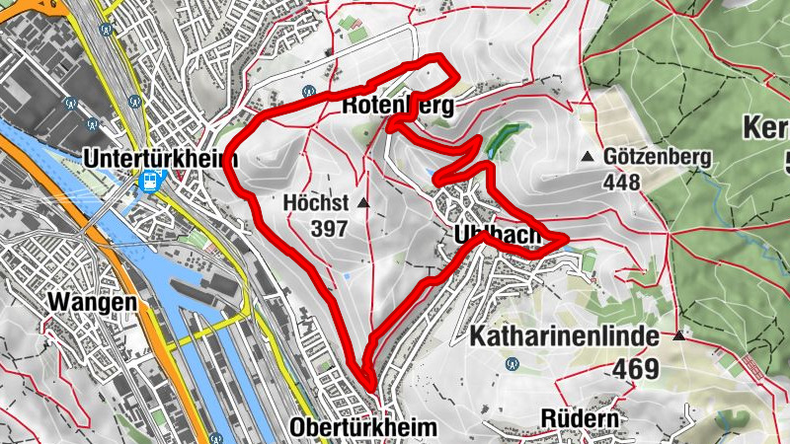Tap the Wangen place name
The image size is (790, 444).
click(x=90, y=302)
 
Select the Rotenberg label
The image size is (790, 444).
click(x=398, y=106)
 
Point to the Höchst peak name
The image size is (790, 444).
click(x=316, y=203)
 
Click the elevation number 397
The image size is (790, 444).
click(x=328, y=229)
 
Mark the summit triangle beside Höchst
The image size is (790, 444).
click(x=363, y=203)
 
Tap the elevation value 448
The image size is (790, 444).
click(x=624, y=182)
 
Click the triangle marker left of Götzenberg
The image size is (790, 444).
click(x=589, y=157)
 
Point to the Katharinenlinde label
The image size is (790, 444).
click(x=564, y=337)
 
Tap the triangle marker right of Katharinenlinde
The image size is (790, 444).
click(x=679, y=336)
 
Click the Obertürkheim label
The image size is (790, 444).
click(x=363, y=427)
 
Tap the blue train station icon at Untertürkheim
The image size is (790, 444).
click(x=150, y=182)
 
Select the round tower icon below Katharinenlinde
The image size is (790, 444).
click(x=511, y=363)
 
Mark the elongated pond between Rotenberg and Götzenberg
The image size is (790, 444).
click(x=501, y=138)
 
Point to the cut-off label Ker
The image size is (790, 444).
click(x=766, y=129)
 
